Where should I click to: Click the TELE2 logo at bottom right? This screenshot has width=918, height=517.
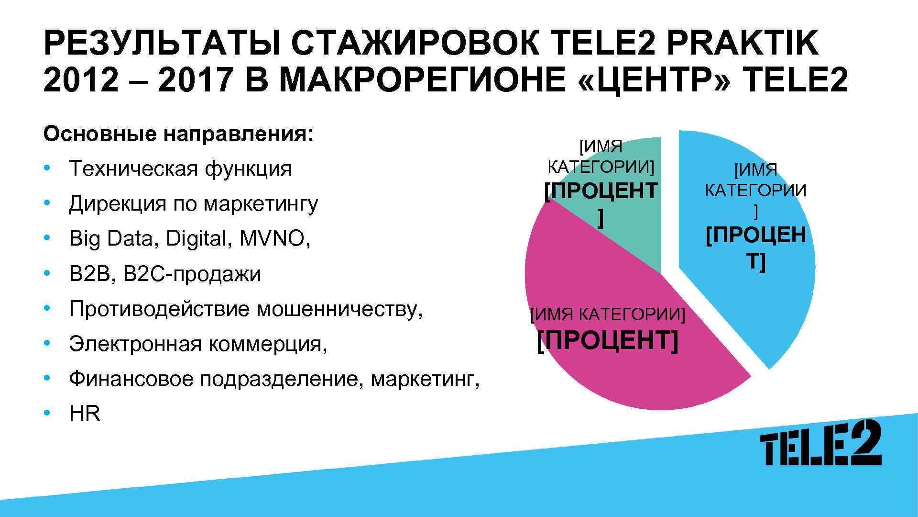(x=820, y=443)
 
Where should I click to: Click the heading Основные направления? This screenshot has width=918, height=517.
(x=178, y=135)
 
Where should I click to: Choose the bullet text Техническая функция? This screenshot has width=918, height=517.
(x=180, y=169)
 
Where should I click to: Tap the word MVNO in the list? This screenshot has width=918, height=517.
(x=275, y=238)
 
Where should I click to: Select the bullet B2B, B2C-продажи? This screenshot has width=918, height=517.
(x=165, y=274)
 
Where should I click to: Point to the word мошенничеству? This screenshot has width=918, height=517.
(x=340, y=309)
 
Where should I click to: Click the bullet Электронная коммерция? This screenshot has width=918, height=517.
(x=198, y=344)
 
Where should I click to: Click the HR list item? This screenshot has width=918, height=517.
(x=85, y=414)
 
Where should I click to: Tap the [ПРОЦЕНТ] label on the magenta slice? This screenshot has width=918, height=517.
(x=607, y=341)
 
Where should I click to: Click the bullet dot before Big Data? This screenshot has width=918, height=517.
(x=46, y=238)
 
